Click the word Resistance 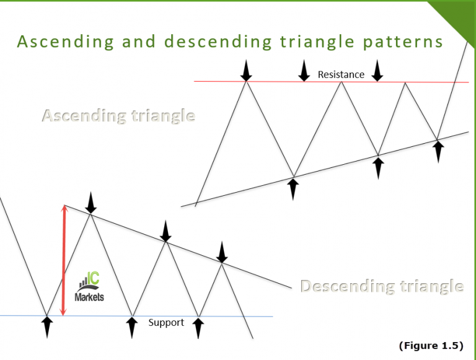click(341, 74)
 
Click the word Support click(166, 322)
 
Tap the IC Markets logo click(90, 289)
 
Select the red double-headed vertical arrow click(63, 260)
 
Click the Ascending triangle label click(118, 116)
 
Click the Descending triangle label click(382, 286)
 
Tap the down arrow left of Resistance click(304, 71)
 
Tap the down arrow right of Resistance click(377, 71)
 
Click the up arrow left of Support click(131, 327)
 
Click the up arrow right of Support click(198, 327)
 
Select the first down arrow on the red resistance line click(246, 71)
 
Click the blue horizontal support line click(248, 316)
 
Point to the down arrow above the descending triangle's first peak click(91, 203)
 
